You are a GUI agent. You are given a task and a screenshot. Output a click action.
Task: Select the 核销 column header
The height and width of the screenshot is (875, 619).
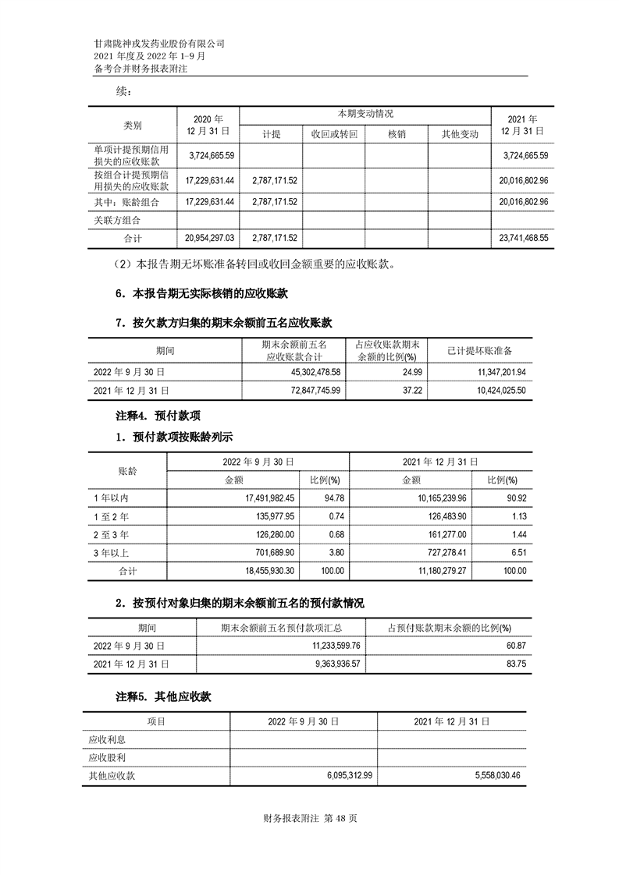click(396, 134)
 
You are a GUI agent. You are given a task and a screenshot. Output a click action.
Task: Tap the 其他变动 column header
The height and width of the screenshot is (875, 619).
click(459, 134)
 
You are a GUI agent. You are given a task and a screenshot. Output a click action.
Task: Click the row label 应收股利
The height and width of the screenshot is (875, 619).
click(109, 757)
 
